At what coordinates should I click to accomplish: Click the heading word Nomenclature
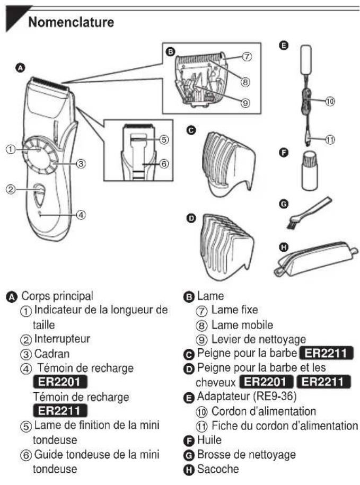click(x=71, y=23)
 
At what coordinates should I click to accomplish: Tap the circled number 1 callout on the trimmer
click(x=10, y=149)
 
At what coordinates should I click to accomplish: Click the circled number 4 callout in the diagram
click(x=80, y=215)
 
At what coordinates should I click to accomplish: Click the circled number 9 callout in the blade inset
click(x=245, y=103)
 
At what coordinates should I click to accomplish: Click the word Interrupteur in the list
click(x=62, y=338)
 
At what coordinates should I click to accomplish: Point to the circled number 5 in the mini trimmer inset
click(x=164, y=140)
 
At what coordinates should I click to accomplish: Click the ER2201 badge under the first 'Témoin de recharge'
click(x=60, y=382)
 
